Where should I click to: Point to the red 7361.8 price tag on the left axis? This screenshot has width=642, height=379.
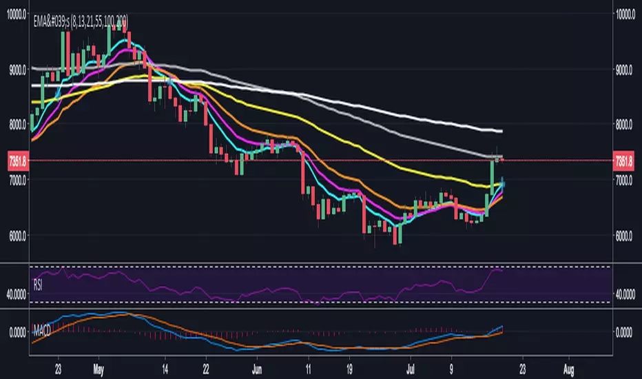coord(16,161)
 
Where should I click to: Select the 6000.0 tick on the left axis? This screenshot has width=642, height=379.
coord(16,235)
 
